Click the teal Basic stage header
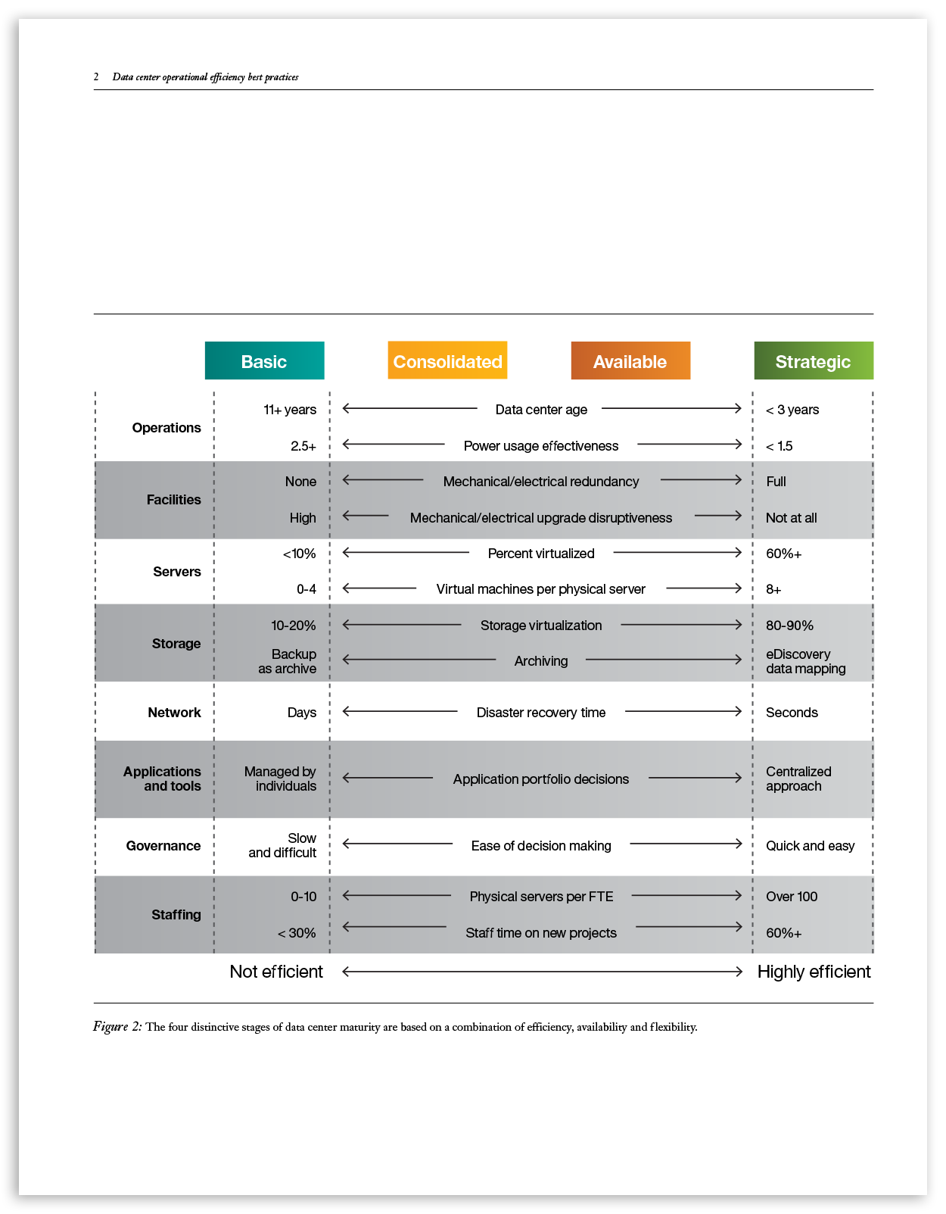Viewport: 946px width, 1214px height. tap(264, 361)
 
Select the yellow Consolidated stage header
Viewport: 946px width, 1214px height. tap(447, 361)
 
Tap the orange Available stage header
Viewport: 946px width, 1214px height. tap(630, 361)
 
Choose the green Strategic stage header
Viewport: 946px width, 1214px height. tap(814, 361)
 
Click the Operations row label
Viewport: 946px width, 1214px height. tap(166, 428)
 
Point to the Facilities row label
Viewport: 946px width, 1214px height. tap(173, 500)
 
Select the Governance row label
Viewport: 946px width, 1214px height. tap(163, 846)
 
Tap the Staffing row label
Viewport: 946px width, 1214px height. tap(176, 915)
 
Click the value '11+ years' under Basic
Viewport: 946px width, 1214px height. tap(290, 410)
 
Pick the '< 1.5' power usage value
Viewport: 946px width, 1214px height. tap(780, 446)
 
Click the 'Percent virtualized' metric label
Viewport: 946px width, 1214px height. tap(541, 554)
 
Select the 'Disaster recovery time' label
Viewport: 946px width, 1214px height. tap(541, 713)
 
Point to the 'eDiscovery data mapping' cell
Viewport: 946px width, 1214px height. tap(805, 661)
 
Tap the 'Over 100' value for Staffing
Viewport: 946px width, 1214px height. tap(792, 897)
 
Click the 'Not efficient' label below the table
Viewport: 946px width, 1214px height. tap(276, 972)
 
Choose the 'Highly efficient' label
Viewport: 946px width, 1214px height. tap(814, 972)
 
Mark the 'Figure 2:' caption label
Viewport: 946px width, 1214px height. tap(117, 1027)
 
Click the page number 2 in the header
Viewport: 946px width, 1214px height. tap(96, 76)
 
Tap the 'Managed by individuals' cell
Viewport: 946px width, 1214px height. tap(280, 779)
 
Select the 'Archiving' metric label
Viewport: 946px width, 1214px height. tap(541, 661)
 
